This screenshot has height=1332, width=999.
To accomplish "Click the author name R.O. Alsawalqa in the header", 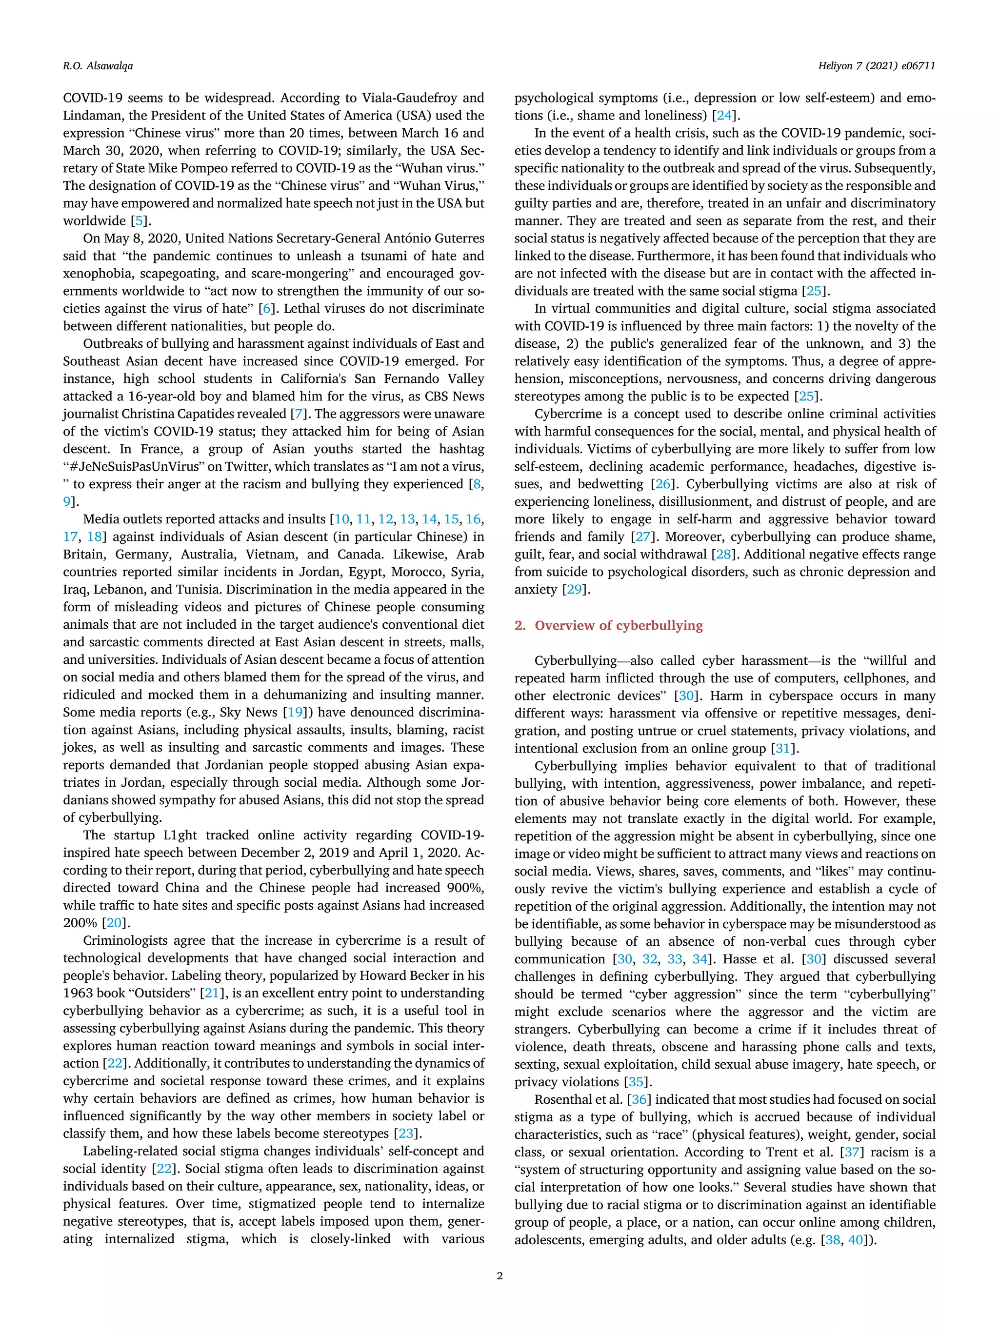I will pos(98,66).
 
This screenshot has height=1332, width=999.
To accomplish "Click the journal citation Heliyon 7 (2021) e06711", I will pos(876,66).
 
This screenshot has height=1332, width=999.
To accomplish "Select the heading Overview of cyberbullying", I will pos(619,625).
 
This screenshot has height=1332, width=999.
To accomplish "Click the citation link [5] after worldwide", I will pos(138,221).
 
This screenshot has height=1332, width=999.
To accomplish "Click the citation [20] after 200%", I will pos(114,923).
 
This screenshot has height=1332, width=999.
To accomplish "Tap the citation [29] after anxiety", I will pos(575,590).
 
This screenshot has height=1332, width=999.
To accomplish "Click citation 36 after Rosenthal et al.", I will pos(639,1099).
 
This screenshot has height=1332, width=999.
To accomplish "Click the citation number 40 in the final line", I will pos(856,1240).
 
